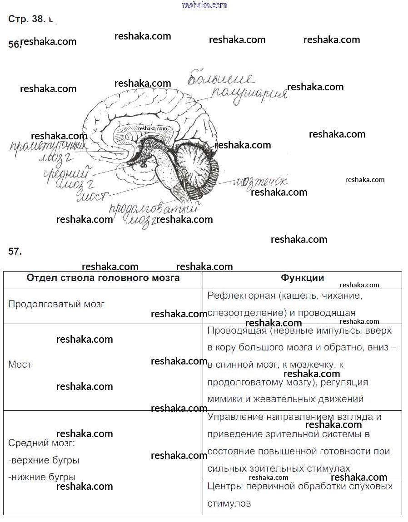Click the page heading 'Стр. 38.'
[27, 19]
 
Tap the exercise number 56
[14, 44]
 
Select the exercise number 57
[15, 251]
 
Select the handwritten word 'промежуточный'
[48, 148]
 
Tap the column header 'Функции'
[302, 278]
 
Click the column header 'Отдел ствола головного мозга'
[103, 278]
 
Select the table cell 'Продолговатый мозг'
[56, 304]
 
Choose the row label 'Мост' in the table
[20, 364]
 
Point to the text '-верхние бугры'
[44, 460]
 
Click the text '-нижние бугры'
[42, 477]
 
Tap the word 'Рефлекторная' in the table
[241, 296]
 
